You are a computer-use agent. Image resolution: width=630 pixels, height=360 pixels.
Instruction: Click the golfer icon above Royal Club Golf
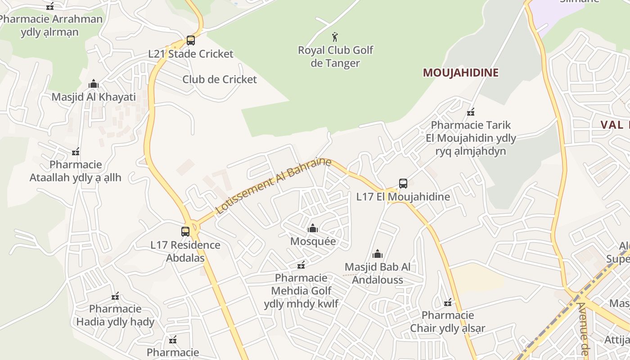[335, 36]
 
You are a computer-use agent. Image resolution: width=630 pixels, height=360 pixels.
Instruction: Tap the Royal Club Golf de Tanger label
[335, 57]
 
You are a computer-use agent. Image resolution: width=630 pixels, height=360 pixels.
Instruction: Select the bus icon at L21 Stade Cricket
[191, 40]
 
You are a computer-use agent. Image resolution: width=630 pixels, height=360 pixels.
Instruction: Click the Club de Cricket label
[219, 80]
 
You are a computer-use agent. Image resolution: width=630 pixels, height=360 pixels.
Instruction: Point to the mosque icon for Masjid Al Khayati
[94, 84]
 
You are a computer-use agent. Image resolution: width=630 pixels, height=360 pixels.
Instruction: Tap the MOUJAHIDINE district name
[460, 73]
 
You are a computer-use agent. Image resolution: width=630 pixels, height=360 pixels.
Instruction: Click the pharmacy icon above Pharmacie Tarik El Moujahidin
[471, 112]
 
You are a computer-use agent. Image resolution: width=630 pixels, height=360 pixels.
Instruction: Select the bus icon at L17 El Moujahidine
[403, 184]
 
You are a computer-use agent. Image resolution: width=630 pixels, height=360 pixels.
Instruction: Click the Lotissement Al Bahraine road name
[273, 186]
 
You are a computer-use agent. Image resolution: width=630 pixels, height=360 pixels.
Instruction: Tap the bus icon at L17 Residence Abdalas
[185, 232]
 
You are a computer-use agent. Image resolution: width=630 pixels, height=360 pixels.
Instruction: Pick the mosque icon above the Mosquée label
[313, 229]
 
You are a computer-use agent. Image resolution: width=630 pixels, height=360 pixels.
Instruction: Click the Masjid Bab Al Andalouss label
[377, 274]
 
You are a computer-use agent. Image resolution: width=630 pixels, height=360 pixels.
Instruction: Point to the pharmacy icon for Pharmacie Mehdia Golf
[301, 265]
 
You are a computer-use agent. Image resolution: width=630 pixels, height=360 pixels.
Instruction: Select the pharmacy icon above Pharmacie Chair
[448, 302]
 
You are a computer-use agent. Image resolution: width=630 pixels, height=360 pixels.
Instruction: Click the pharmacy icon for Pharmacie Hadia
[115, 296]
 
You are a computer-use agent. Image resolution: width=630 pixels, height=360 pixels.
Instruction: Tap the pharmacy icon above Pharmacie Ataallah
[76, 152]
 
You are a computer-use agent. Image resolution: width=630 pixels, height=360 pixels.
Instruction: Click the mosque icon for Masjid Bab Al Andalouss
[378, 254]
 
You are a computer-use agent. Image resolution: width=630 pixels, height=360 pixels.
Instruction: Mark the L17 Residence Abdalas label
[185, 252]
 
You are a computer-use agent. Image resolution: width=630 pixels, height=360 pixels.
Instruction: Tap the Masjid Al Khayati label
[94, 97]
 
